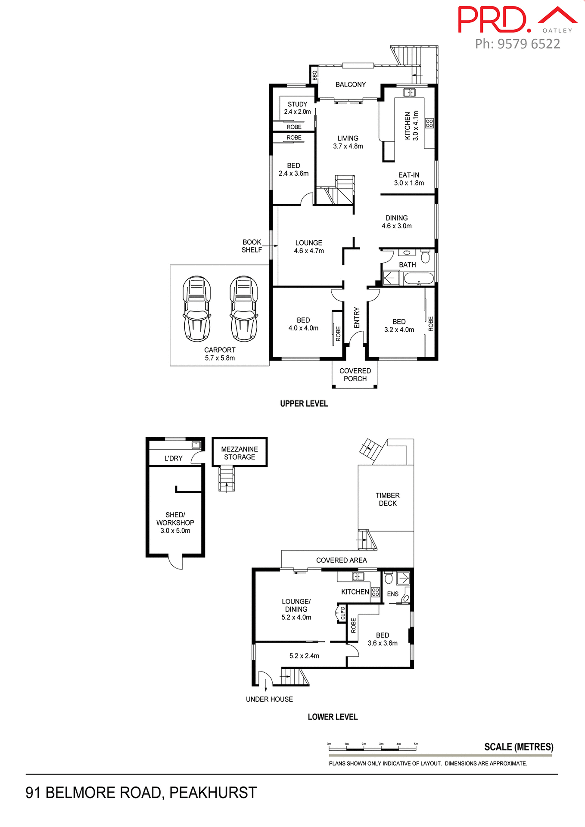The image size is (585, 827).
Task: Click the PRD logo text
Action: pos(494,20)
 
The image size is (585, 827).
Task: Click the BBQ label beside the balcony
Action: pos(314,75)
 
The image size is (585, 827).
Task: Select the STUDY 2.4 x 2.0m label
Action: pos(297,108)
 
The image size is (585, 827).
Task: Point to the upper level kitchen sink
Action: pos(409,93)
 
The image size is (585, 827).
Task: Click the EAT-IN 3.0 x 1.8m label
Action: pos(409,179)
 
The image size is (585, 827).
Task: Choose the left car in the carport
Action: pos(197,308)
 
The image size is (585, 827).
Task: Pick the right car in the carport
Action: pos(244,308)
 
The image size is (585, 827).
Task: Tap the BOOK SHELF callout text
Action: pos(252,246)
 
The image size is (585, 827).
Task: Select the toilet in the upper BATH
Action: pos(426,257)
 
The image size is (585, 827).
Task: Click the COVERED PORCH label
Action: pos(355,375)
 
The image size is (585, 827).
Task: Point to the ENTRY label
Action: pos(357,318)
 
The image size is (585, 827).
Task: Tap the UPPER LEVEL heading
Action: pos(304,404)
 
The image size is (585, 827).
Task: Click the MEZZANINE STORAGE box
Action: pos(240,453)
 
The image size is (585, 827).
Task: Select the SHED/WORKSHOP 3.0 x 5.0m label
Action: pos(175,522)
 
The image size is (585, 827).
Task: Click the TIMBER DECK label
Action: pos(387,499)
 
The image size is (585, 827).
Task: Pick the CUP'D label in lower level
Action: pos(343,613)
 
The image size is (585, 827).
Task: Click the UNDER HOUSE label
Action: pos(269,699)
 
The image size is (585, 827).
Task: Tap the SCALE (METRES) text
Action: pos(519,747)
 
